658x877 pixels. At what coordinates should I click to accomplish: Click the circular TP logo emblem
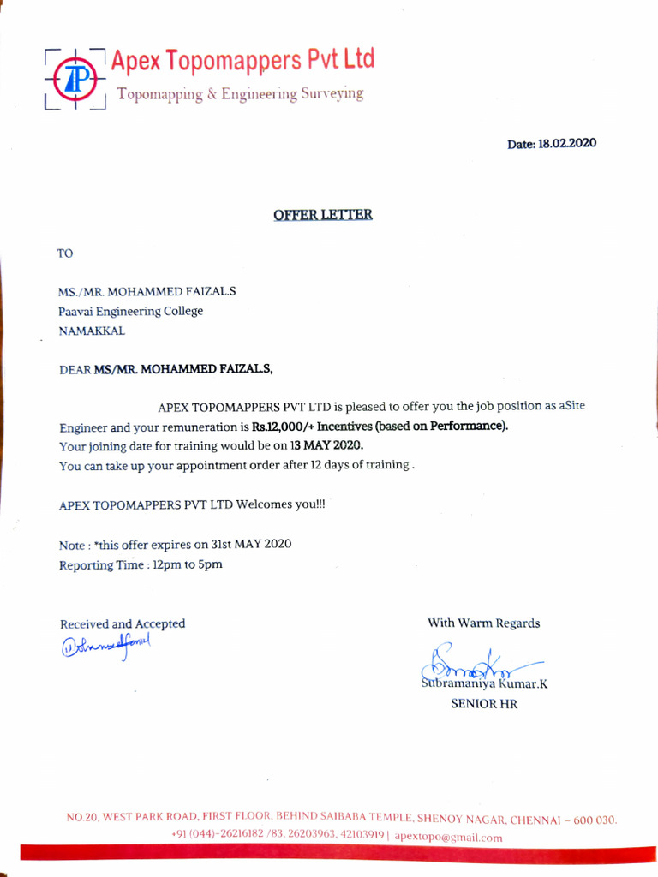(x=75, y=79)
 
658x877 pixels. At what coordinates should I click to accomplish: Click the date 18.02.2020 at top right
(x=566, y=143)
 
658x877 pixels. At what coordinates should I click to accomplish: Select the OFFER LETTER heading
(x=323, y=214)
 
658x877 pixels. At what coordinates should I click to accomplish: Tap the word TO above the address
(x=66, y=253)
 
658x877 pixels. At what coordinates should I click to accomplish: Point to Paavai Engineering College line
(x=131, y=311)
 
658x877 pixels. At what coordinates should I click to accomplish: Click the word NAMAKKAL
(x=92, y=331)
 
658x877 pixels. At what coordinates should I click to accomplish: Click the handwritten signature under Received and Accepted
(x=105, y=645)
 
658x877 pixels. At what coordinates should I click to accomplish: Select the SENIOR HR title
(x=484, y=704)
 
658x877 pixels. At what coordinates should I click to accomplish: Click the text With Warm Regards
(x=484, y=623)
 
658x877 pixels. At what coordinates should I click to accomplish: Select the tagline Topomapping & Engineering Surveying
(x=240, y=94)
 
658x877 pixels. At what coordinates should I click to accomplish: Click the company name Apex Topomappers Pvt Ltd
(x=243, y=60)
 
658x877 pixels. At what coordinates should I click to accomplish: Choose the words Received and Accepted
(x=123, y=623)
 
